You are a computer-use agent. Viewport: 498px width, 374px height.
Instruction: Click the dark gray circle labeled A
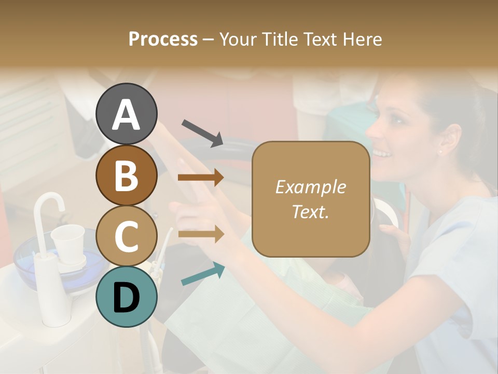[x=127, y=114]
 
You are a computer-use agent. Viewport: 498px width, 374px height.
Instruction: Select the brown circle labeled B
[x=127, y=175]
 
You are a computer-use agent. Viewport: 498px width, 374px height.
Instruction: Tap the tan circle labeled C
[x=127, y=236]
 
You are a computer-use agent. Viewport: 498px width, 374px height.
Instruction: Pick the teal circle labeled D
[x=127, y=297]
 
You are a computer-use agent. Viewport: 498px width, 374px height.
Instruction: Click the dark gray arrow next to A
[x=202, y=132]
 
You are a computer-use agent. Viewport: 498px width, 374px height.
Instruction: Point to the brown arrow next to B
[x=200, y=178]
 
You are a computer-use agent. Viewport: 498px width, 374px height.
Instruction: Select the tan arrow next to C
[x=200, y=234]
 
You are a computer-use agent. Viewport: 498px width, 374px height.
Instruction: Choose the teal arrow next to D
[x=203, y=274]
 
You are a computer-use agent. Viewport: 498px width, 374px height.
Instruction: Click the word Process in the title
[x=163, y=39]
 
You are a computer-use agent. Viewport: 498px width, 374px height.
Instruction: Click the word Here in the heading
[x=361, y=39]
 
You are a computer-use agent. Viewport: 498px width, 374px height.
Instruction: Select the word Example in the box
[x=310, y=187]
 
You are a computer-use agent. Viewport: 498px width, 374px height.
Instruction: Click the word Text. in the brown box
[x=310, y=211]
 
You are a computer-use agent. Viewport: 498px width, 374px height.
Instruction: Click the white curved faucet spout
[x=49, y=205]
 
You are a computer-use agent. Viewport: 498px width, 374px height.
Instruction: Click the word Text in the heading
[x=321, y=39]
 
